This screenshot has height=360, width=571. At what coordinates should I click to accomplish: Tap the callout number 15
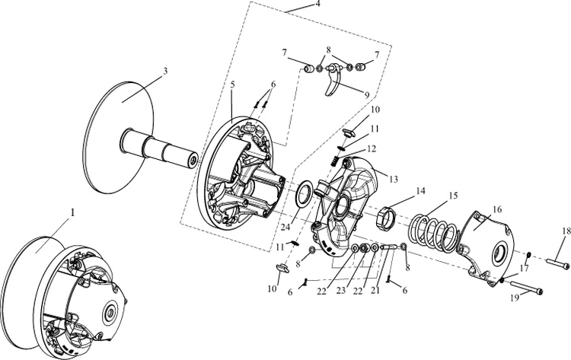(452, 196)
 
